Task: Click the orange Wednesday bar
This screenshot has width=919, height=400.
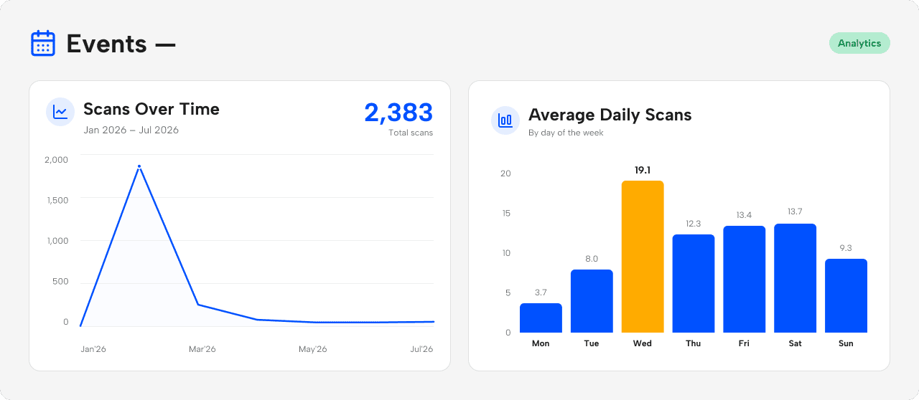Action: (x=643, y=257)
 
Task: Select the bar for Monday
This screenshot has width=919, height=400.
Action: (x=541, y=318)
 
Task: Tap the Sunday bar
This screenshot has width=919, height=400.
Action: (x=846, y=295)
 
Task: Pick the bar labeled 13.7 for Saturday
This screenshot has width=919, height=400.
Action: (x=795, y=278)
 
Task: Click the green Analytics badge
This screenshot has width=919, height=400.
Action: (x=859, y=43)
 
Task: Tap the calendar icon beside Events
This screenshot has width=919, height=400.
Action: (x=43, y=43)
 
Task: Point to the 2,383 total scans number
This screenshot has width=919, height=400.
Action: (x=398, y=113)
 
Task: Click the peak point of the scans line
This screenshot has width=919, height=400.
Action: (x=139, y=166)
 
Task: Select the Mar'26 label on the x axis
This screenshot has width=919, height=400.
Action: (x=202, y=349)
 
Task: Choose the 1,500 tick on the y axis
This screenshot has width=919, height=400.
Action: (x=57, y=200)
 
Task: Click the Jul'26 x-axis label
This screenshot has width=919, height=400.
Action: (x=421, y=349)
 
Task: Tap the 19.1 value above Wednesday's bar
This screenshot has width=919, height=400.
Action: (x=643, y=170)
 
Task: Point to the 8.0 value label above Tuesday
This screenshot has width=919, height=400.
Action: (x=592, y=259)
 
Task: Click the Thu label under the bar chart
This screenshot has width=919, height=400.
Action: (x=693, y=343)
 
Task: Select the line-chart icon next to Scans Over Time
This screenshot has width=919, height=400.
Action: (x=60, y=112)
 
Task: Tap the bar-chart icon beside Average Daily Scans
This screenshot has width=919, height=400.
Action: (x=505, y=120)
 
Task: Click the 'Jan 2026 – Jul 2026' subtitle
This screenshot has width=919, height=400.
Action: (x=131, y=130)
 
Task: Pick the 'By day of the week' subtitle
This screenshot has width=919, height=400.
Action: (x=566, y=133)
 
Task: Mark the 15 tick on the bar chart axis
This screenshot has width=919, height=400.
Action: (x=506, y=213)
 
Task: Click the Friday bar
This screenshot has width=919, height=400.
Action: (x=745, y=279)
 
